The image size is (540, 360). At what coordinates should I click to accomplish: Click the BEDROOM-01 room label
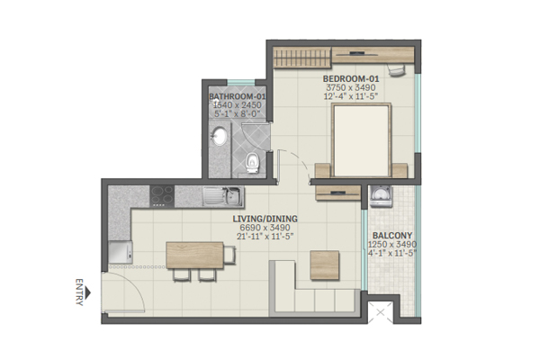(351, 79)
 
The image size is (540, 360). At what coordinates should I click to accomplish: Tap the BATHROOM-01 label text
(238, 96)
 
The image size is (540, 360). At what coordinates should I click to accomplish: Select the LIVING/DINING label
(265, 219)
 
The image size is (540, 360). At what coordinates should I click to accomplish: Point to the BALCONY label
(392, 236)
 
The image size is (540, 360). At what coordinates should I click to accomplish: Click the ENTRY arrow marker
(88, 292)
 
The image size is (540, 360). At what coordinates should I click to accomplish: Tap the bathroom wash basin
(219, 136)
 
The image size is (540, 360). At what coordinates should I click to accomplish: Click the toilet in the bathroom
(252, 163)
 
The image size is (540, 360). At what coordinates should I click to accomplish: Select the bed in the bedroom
(362, 140)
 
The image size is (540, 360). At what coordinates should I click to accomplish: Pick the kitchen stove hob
(162, 196)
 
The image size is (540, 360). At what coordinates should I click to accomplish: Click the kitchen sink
(223, 196)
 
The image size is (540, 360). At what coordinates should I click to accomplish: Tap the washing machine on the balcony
(381, 196)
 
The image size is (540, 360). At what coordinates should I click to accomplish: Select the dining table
(194, 255)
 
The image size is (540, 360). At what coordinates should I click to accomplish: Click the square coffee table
(324, 265)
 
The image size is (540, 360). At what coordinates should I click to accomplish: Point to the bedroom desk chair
(396, 70)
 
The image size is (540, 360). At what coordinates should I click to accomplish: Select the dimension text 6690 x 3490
(265, 228)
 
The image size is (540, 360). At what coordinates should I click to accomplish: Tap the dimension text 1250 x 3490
(392, 244)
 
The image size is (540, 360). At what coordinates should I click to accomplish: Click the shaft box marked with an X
(380, 313)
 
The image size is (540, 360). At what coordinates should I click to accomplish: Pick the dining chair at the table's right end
(229, 255)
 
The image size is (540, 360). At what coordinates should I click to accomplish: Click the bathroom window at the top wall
(241, 82)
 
